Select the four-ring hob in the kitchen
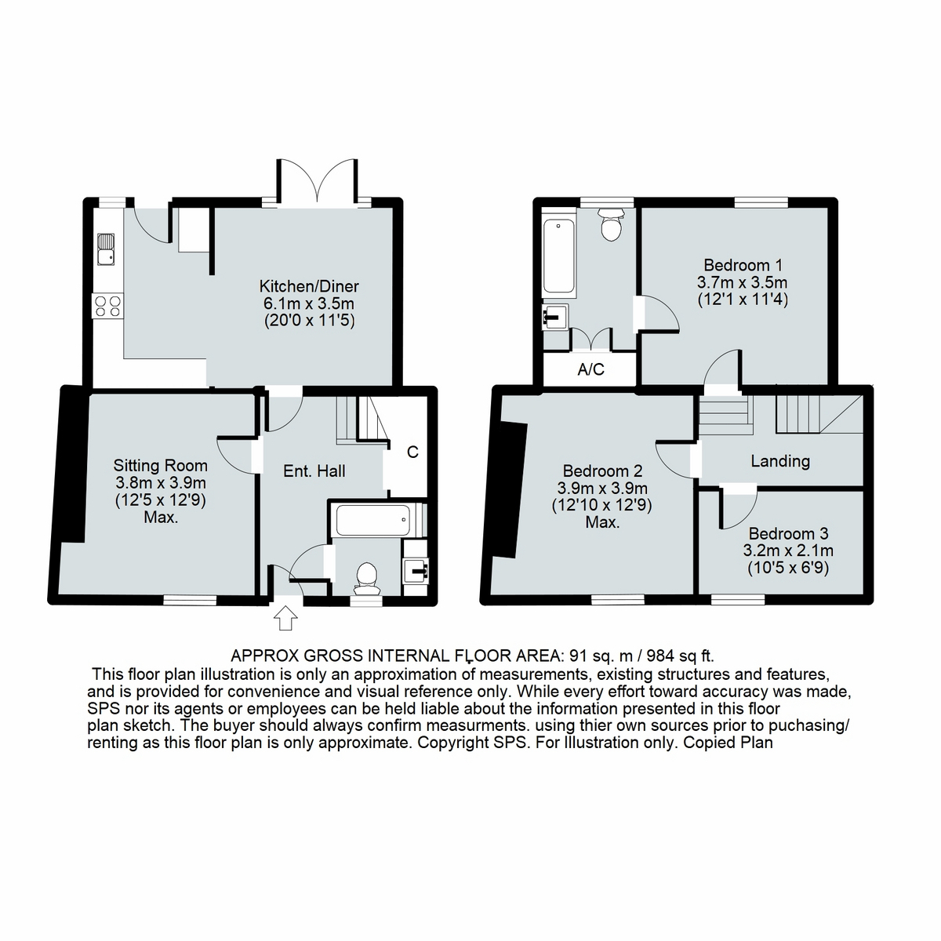pyautogui.click(x=107, y=304)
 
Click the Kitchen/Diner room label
pyautogui.click(x=309, y=286)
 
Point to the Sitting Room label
pyautogui.click(x=160, y=466)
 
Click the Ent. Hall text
pyautogui.click(x=314, y=471)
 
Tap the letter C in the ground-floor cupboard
pyautogui.click(x=412, y=452)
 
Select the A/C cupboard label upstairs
pyautogui.click(x=590, y=370)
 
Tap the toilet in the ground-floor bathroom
pyautogui.click(x=366, y=576)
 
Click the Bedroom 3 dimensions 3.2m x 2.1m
pyautogui.click(x=787, y=550)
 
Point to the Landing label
pyautogui.click(x=779, y=461)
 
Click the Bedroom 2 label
pyautogui.click(x=602, y=471)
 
